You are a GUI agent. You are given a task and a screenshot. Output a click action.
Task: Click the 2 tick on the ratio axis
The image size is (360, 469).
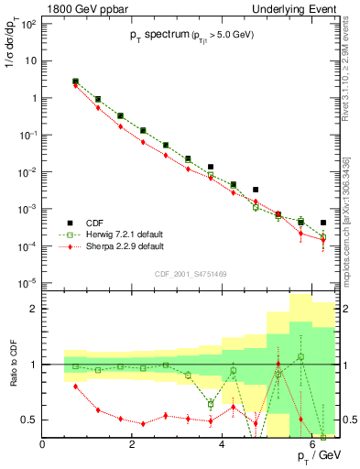coord(34,309)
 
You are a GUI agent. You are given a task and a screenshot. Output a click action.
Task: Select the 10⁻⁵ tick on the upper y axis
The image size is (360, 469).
coord(27,283)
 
